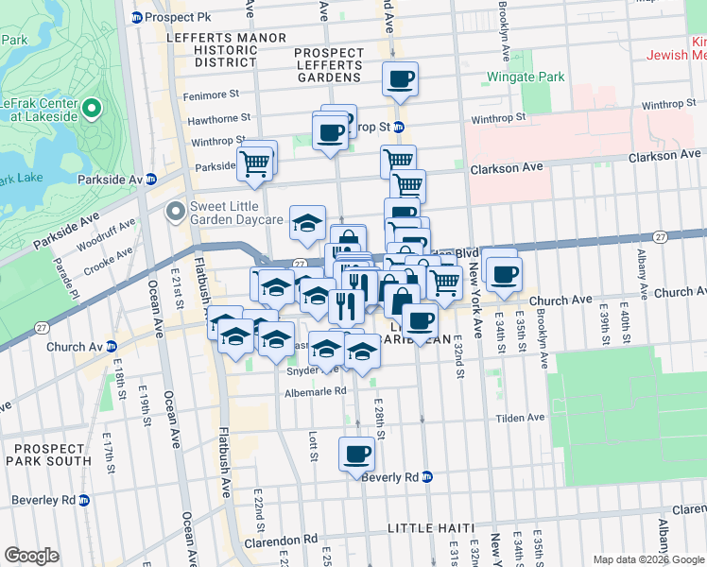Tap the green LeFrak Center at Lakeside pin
click(x=92, y=110)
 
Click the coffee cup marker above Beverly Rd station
click(x=357, y=454)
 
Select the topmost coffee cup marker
click(x=401, y=78)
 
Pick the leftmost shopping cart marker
click(x=254, y=163)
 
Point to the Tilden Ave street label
click(x=522, y=417)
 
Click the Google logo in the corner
click(x=31, y=555)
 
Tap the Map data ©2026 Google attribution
click(x=647, y=559)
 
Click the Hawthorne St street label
click(x=218, y=119)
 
